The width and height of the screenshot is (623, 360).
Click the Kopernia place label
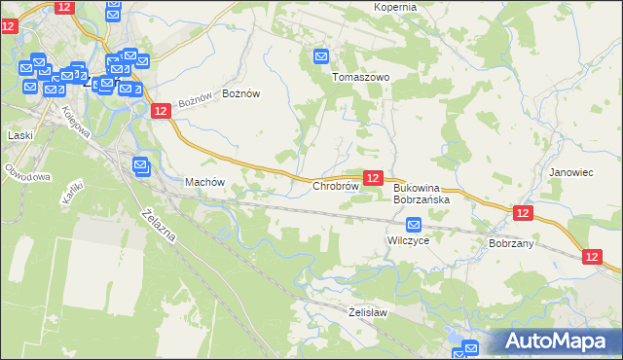pos(394,7)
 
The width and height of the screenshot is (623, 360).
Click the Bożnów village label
pos(241,93)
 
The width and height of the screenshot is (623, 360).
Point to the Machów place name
pos(204,182)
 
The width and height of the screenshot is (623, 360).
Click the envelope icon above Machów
pos(140,165)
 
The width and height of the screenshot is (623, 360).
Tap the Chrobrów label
pos(337,185)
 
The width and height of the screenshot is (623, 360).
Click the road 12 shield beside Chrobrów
pos(372,178)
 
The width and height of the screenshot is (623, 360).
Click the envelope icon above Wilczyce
pos(413,225)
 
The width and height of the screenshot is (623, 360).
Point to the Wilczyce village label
pos(408,240)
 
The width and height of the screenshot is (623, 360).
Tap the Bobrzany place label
pos(511,243)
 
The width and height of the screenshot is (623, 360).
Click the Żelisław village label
pos(368,312)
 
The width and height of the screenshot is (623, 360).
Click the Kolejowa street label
pos(76,122)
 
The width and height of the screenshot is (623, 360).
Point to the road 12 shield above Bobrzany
pos(523,213)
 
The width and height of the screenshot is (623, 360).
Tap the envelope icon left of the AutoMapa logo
pos(471,347)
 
